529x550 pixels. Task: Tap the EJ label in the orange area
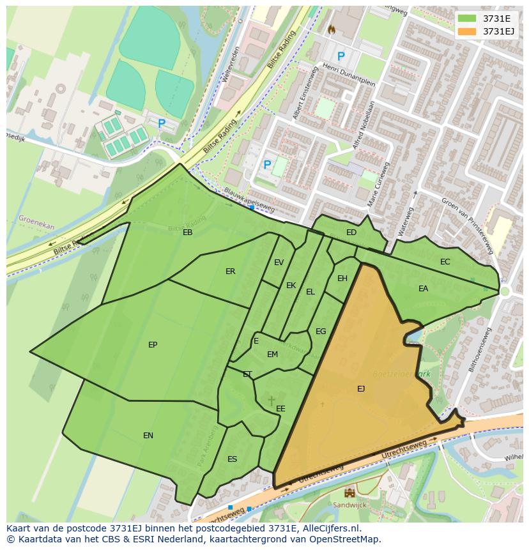point(361,388)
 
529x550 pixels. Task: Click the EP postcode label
point(153,345)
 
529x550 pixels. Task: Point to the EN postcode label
point(148,436)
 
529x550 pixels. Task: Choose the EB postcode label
point(187,233)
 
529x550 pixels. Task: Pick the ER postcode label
point(230,271)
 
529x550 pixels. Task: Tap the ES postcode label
point(232,459)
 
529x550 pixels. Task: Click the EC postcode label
point(445,262)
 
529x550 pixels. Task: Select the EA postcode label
point(423,289)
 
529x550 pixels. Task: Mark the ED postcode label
point(351,233)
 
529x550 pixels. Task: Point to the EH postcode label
point(342,279)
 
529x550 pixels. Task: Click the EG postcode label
point(321,332)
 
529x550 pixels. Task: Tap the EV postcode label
point(279,263)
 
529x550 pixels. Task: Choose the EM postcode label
point(272,355)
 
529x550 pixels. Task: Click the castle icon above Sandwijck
point(349,493)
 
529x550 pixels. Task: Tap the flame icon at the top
point(331,29)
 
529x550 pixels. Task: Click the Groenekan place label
point(36,222)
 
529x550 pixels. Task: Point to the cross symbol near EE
point(271,401)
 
